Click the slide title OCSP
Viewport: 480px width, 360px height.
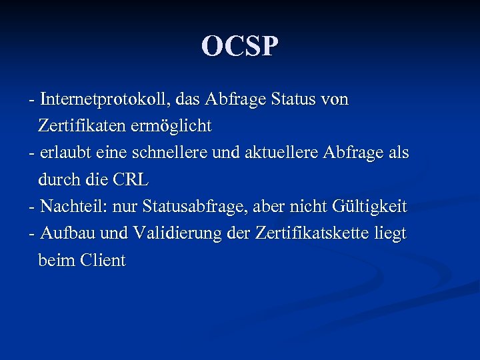pyautogui.click(x=240, y=46)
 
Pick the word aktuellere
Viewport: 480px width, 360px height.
pyautogui.click(x=284, y=153)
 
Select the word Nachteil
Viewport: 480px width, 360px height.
pyautogui.click(x=68, y=207)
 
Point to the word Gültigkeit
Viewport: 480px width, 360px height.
pyautogui.click(x=369, y=207)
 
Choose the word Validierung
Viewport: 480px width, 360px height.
pyautogui.click(x=173, y=233)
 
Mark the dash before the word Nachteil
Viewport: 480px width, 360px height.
pyautogui.click(x=32, y=207)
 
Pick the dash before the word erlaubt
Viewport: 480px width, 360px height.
pyautogui.click(x=32, y=153)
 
